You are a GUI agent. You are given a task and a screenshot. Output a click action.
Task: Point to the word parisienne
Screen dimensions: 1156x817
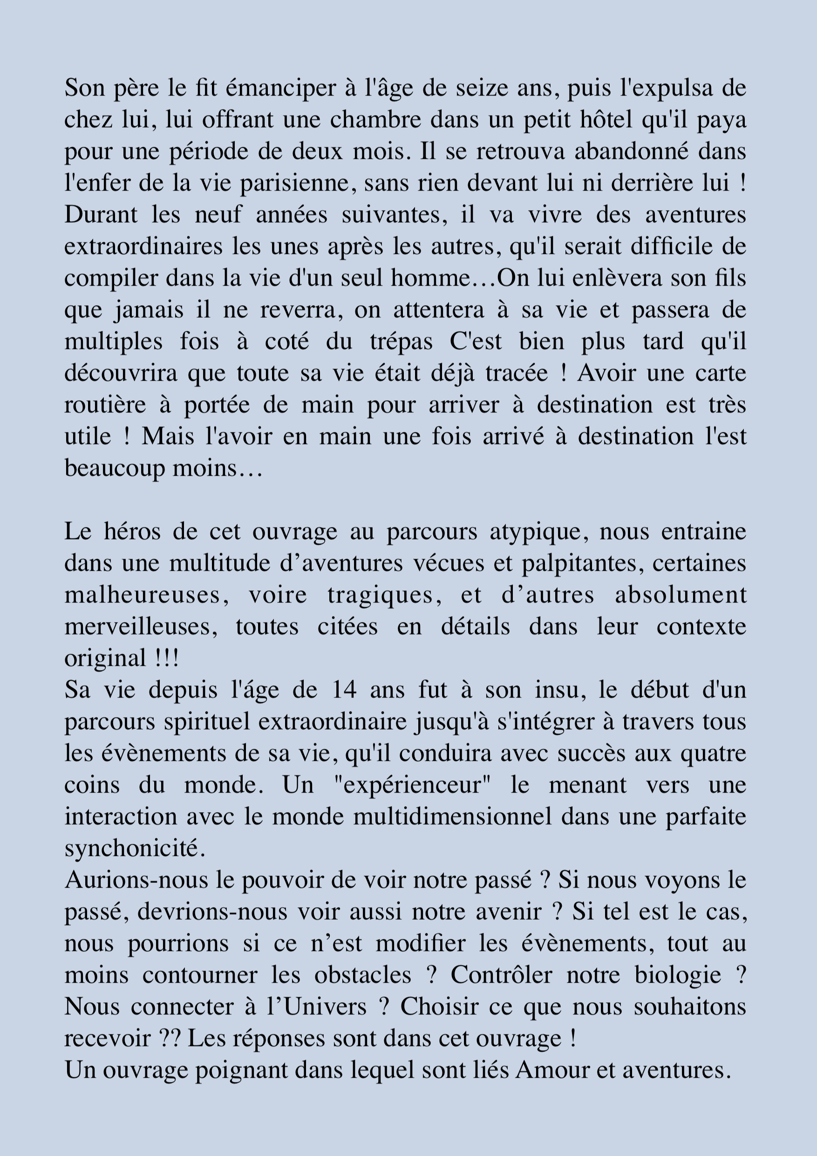point(294,183)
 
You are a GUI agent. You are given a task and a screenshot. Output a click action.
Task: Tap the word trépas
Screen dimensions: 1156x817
point(401,342)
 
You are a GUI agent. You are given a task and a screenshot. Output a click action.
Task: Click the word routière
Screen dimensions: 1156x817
point(105,405)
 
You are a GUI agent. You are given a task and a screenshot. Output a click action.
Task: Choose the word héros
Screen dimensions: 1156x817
point(132,532)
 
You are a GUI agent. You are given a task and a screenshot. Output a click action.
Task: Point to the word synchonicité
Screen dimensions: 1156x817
point(135,849)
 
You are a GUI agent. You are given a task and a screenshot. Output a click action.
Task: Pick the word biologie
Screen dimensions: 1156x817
point(678,976)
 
